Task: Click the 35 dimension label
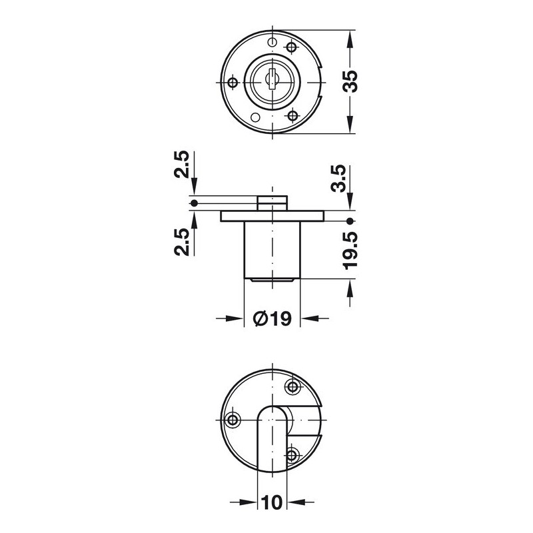point(350,81)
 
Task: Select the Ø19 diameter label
point(272,319)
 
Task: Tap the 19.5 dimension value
point(350,251)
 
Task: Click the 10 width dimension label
point(272,502)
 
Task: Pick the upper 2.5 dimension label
point(181,164)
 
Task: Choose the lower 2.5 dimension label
point(181,242)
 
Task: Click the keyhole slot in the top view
point(272,79)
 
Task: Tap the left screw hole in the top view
point(233,82)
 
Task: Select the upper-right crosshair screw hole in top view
point(292,47)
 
